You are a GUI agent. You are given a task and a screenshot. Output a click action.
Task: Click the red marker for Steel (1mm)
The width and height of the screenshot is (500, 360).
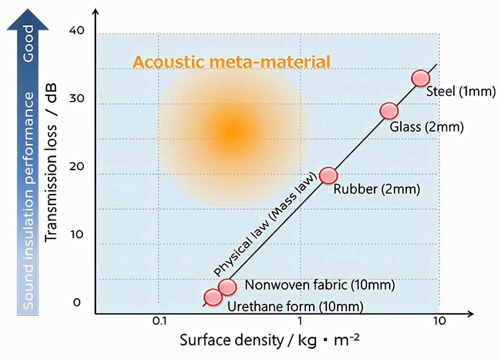[x=421, y=78]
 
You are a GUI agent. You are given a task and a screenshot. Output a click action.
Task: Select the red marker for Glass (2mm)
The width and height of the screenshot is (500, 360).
[x=389, y=111]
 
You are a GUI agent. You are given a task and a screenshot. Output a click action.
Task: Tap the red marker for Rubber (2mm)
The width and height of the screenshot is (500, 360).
[x=329, y=175]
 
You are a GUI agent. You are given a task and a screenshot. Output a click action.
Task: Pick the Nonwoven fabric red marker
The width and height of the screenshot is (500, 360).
[x=227, y=286]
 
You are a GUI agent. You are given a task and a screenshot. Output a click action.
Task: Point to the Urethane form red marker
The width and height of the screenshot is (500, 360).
[x=213, y=297]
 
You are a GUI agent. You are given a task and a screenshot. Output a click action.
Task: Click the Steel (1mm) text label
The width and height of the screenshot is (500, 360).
[x=460, y=91]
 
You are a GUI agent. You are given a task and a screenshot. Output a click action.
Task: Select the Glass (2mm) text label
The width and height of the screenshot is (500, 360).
[x=427, y=127]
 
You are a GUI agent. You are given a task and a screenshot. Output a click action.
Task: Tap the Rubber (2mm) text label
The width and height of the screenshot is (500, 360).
[x=377, y=189]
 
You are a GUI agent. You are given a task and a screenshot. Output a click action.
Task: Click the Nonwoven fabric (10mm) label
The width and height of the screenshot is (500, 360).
[x=319, y=285]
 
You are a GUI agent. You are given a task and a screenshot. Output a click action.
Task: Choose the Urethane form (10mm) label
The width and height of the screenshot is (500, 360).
[x=295, y=307]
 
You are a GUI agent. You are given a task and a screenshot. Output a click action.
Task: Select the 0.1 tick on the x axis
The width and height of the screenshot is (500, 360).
[x=160, y=321]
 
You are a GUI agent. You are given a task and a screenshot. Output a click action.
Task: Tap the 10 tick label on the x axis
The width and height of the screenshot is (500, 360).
[x=439, y=321]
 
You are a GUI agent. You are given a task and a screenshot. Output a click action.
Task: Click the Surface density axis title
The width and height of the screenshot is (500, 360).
[x=269, y=341]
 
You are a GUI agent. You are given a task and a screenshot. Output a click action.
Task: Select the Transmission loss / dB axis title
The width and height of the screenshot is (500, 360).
[x=51, y=163]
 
